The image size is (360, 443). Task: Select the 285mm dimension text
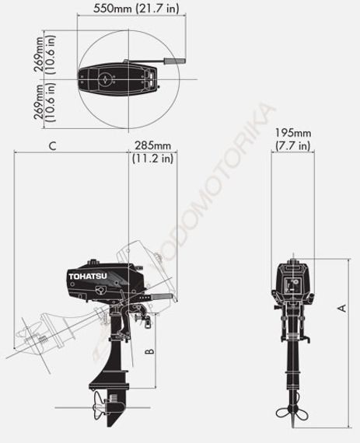click(x=152, y=145)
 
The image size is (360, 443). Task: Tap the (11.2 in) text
click(x=152, y=159)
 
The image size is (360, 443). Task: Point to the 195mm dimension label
click(x=292, y=133)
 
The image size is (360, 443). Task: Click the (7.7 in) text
click(x=292, y=145)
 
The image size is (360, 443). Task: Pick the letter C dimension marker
click(x=51, y=145)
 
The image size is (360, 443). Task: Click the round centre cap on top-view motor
click(x=103, y=77)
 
